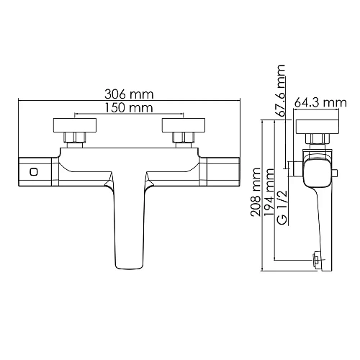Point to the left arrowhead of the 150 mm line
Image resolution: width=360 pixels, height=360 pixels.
[x=76, y=114]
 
